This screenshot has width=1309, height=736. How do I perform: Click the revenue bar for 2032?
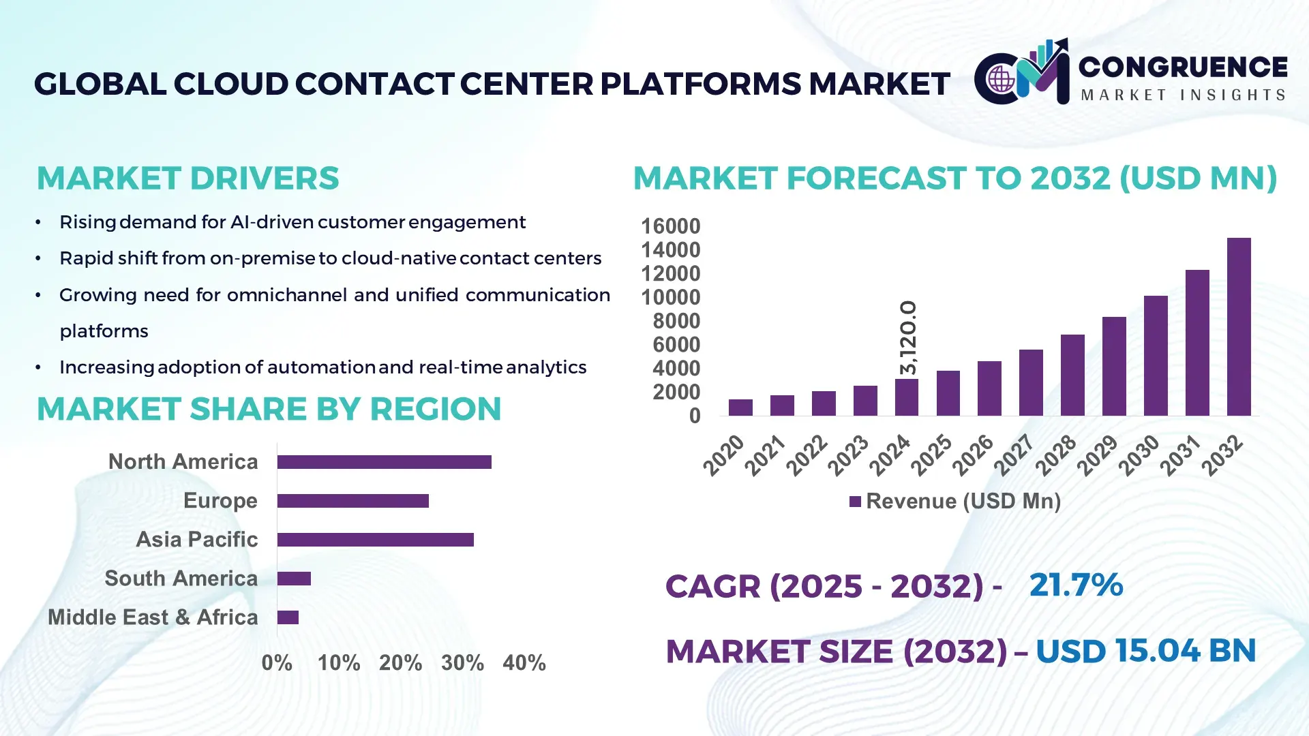tap(1239, 327)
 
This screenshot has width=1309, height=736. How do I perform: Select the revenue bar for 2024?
tap(907, 397)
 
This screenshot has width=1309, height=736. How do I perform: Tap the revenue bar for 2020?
tap(740, 408)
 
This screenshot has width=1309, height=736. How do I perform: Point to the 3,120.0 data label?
tap(908, 337)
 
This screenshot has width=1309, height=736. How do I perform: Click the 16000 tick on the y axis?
tap(670, 226)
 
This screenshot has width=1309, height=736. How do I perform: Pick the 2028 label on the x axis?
tap(1055, 455)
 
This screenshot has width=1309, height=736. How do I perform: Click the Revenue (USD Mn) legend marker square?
tap(855, 502)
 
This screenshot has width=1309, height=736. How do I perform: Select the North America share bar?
tap(384, 462)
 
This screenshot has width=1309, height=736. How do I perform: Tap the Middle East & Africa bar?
tap(288, 617)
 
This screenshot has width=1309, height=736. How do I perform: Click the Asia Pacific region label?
tap(196, 539)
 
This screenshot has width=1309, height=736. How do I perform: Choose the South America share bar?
tap(294, 579)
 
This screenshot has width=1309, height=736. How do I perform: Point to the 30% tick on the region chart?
tap(462, 662)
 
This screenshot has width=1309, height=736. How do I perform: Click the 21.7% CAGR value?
tap(1076, 585)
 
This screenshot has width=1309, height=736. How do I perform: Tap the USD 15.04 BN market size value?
tap(1145, 651)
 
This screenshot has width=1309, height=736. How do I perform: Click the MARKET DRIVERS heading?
tap(187, 179)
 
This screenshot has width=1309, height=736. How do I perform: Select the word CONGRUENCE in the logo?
tap(1183, 67)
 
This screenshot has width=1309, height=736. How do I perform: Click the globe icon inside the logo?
tap(1001, 79)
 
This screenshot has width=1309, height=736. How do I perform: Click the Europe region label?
tap(220, 500)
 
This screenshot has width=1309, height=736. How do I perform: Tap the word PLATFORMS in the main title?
tap(701, 84)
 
